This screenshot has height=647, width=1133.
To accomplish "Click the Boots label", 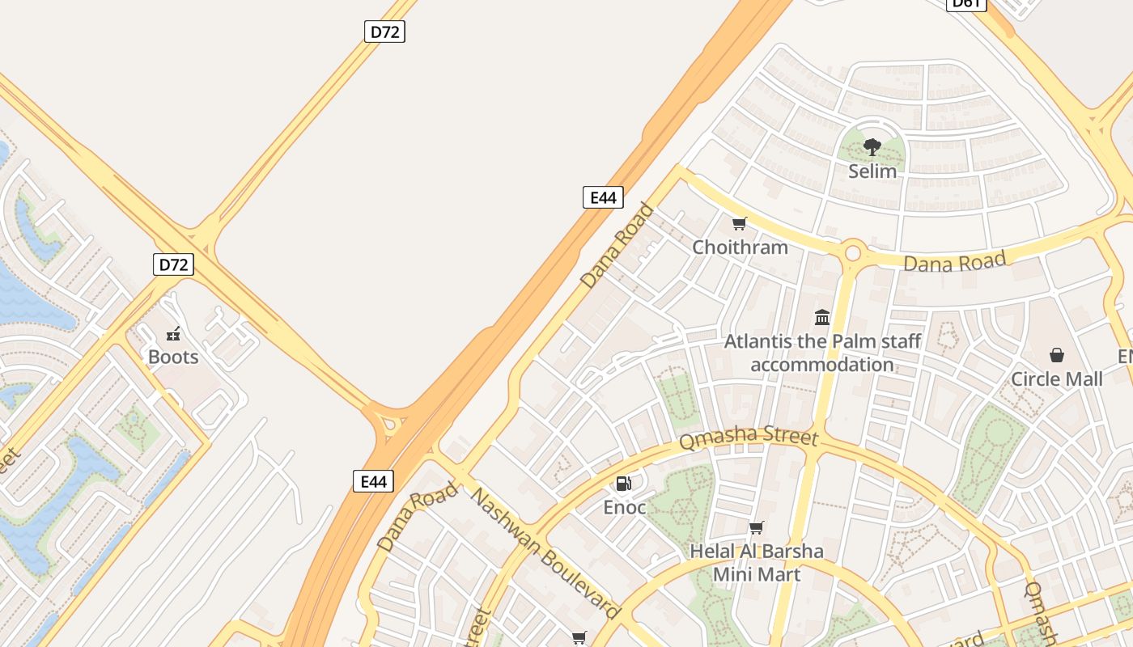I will click(x=173, y=357).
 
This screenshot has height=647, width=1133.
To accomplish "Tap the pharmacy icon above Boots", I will click(x=173, y=334).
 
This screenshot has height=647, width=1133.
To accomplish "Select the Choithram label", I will click(x=740, y=247).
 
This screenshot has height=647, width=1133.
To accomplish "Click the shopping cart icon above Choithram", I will click(x=739, y=224).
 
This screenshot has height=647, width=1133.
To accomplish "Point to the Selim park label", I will click(x=872, y=171).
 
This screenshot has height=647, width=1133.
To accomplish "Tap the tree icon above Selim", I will click(x=872, y=147).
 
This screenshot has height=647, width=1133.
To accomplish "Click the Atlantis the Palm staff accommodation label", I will click(x=822, y=353).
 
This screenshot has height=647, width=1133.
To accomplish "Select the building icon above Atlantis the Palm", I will click(x=822, y=317).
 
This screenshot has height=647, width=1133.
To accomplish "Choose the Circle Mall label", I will click(x=1057, y=378).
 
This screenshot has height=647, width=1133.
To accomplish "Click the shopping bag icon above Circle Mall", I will click(x=1057, y=355).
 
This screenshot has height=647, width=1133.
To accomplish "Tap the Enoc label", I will click(x=625, y=507).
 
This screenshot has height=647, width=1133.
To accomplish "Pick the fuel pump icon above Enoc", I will click(x=623, y=484).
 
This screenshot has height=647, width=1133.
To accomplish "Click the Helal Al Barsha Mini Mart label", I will click(x=757, y=562).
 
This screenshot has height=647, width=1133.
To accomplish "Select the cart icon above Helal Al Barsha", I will click(x=757, y=528).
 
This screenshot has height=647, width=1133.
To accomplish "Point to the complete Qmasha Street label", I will click(x=749, y=438).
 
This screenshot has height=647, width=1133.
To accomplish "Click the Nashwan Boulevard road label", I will click(x=546, y=552).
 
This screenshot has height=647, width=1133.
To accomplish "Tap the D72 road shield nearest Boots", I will click(x=173, y=264).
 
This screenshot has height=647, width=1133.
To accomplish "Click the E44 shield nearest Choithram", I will click(x=603, y=197).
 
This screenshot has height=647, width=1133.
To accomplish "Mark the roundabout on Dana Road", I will click(x=852, y=252).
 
